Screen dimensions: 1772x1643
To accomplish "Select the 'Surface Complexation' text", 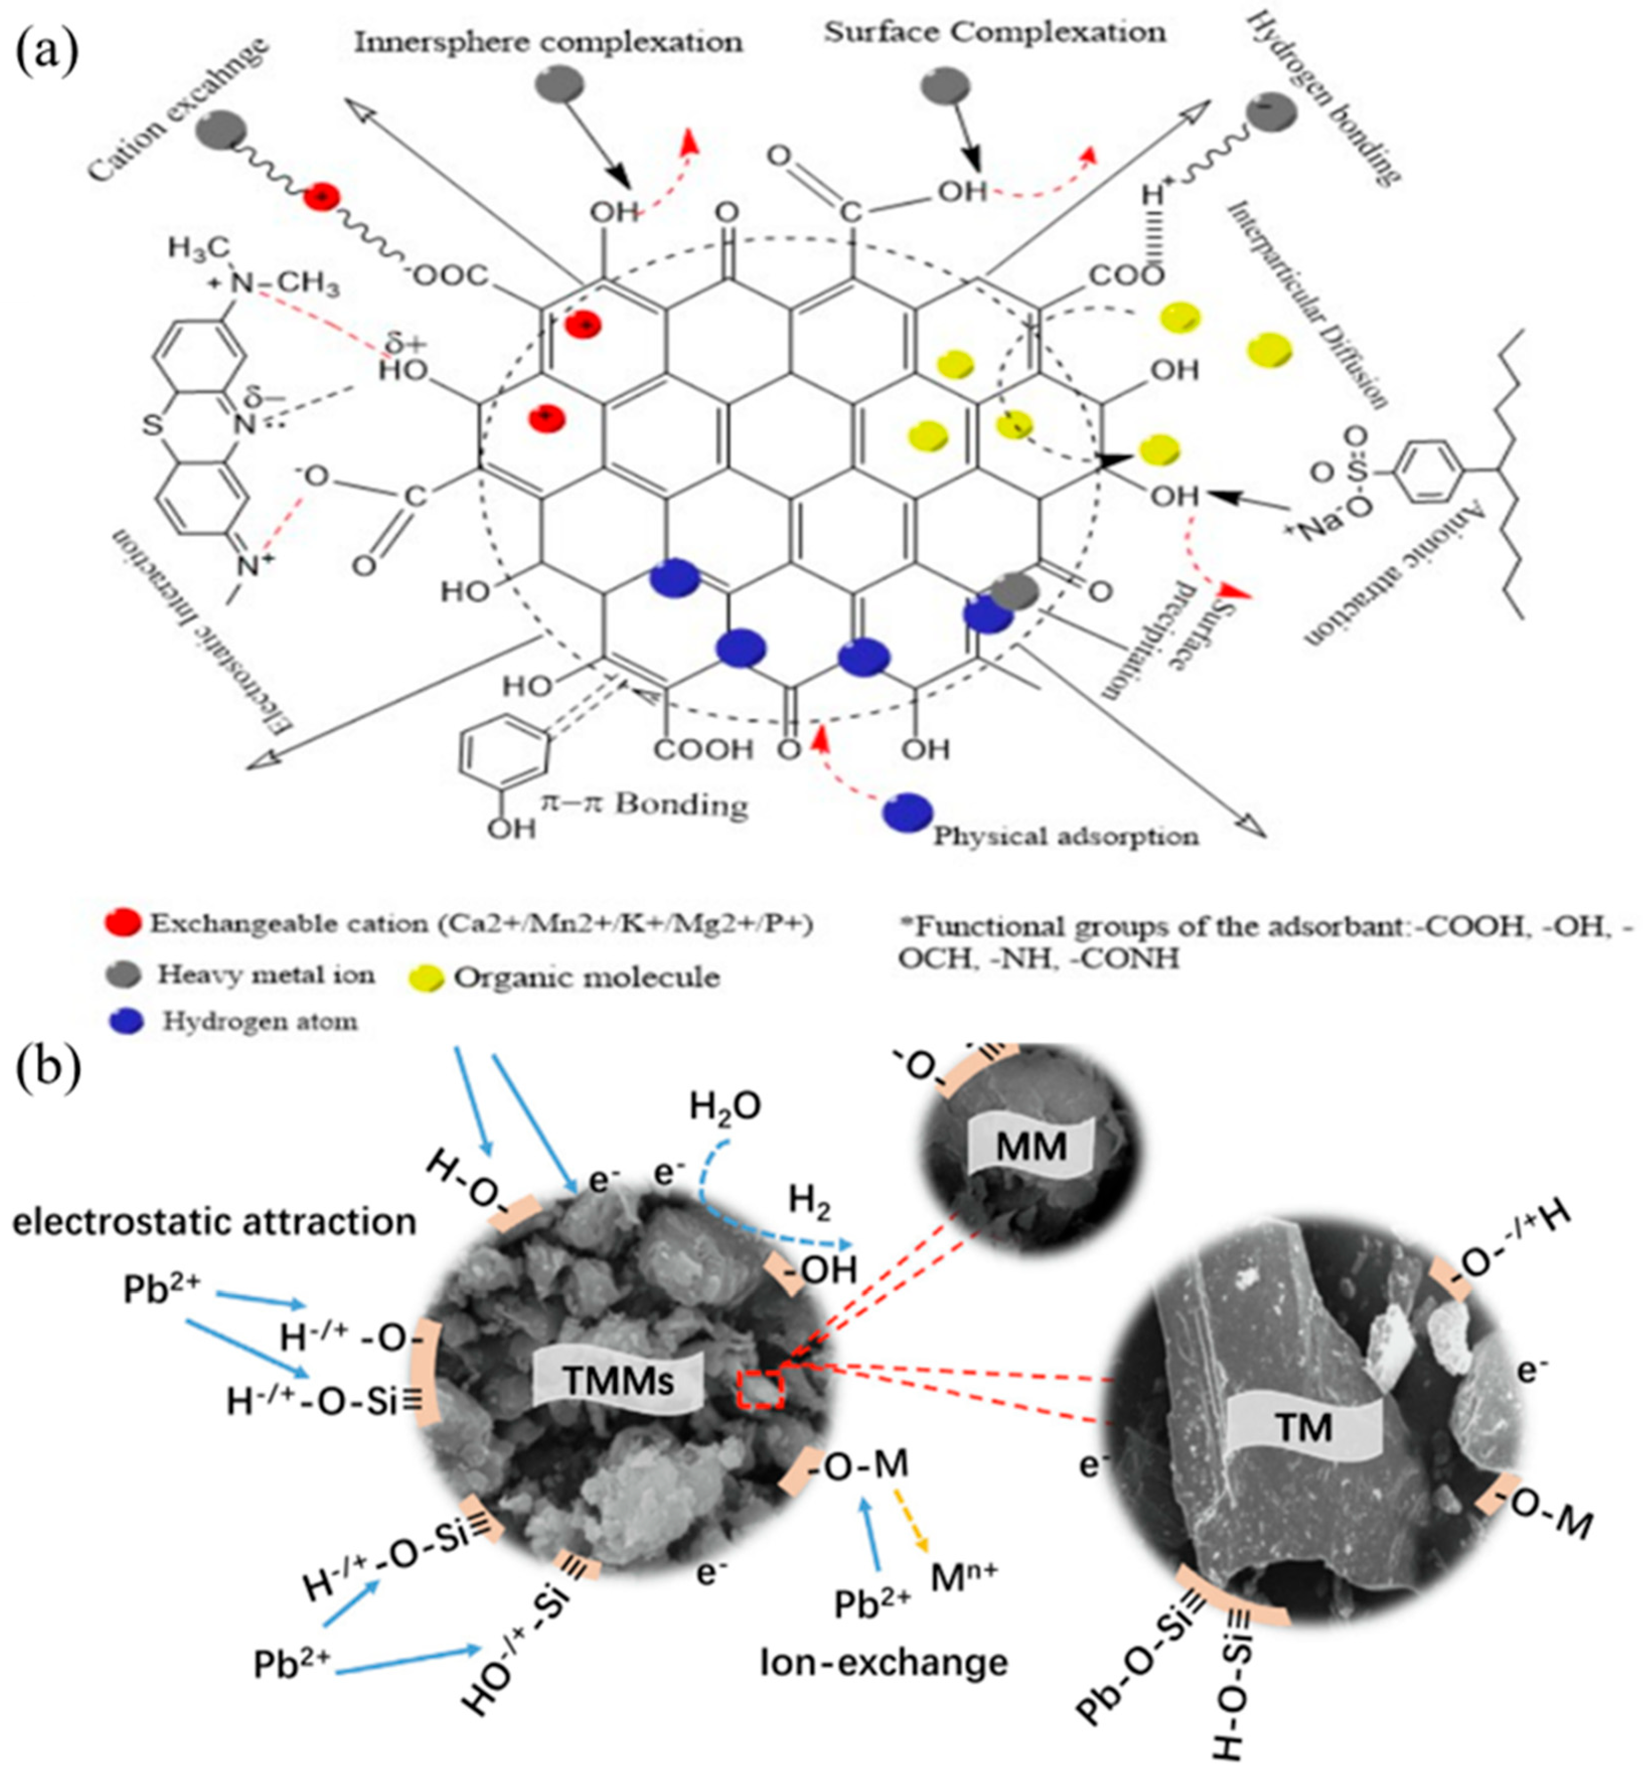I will coord(994,33).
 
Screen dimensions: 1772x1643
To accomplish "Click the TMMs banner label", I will coord(620,1381).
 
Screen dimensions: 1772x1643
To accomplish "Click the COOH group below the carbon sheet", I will coord(703,750).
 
